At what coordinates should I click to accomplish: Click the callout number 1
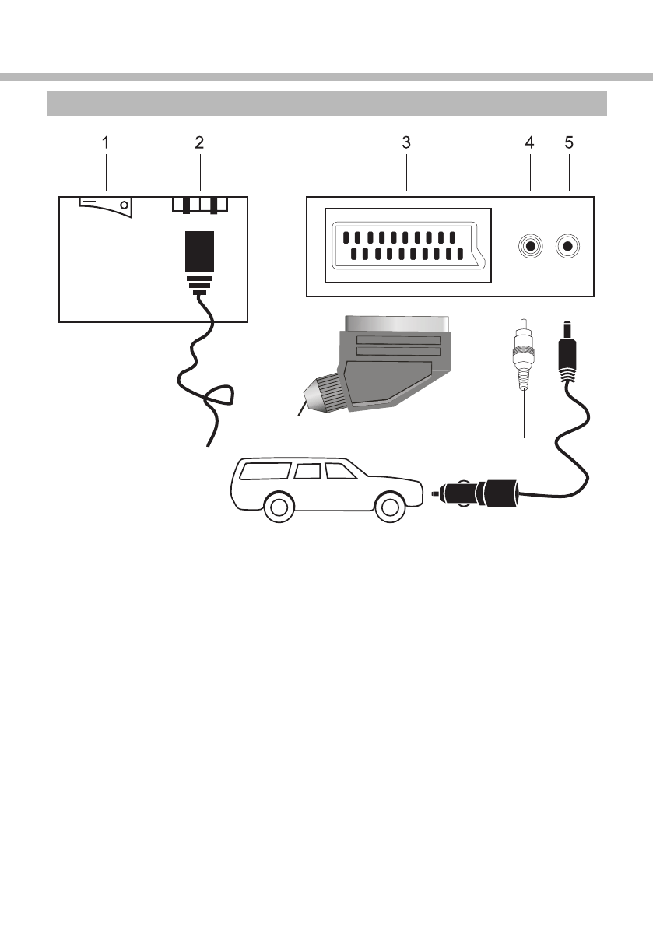pyautogui.click(x=106, y=143)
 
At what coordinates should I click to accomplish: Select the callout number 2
pyautogui.click(x=199, y=143)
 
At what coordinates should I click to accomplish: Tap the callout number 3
pyautogui.click(x=406, y=143)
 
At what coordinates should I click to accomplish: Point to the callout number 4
pyautogui.click(x=530, y=143)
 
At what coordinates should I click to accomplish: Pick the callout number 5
pyautogui.click(x=569, y=143)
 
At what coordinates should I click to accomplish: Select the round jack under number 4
pyautogui.click(x=530, y=247)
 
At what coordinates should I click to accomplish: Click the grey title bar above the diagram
pyautogui.click(x=326, y=103)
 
